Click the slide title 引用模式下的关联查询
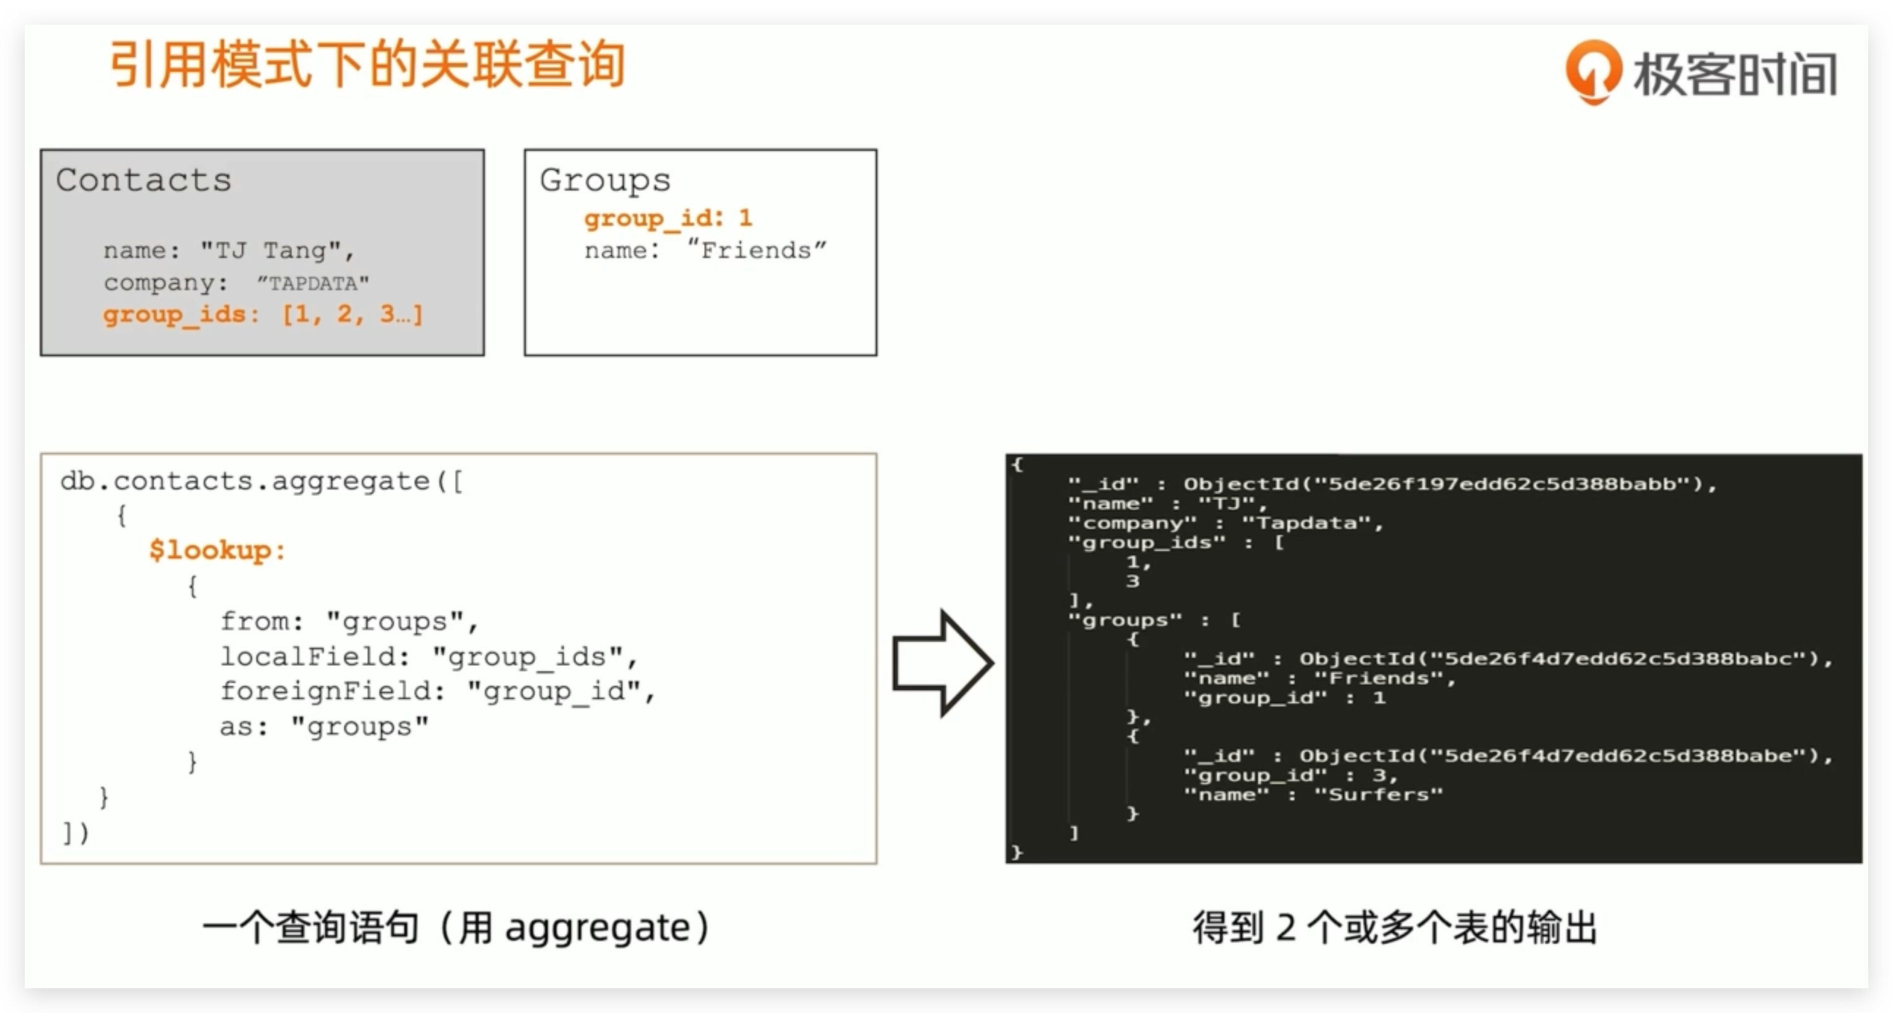click(x=368, y=66)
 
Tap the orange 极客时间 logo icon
click(x=1593, y=72)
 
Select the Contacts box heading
click(x=144, y=180)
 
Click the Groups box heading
click(x=605, y=180)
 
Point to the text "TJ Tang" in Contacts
click(x=272, y=250)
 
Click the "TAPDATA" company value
click(x=313, y=283)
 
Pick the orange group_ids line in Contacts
click(x=262, y=315)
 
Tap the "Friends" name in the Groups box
click(x=757, y=250)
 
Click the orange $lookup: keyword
click(x=217, y=550)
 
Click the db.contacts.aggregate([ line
click(x=262, y=482)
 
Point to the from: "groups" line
click(x=349, y=622)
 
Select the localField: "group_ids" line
click(x=428, y=657)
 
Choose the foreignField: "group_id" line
click(x=437, y=691)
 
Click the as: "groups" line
click(x=324, y=727)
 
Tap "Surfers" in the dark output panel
click(x=1379, y=795)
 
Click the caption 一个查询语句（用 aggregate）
click(x=456, y=927)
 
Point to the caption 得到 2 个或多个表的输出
click(x=1395, y=927)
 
